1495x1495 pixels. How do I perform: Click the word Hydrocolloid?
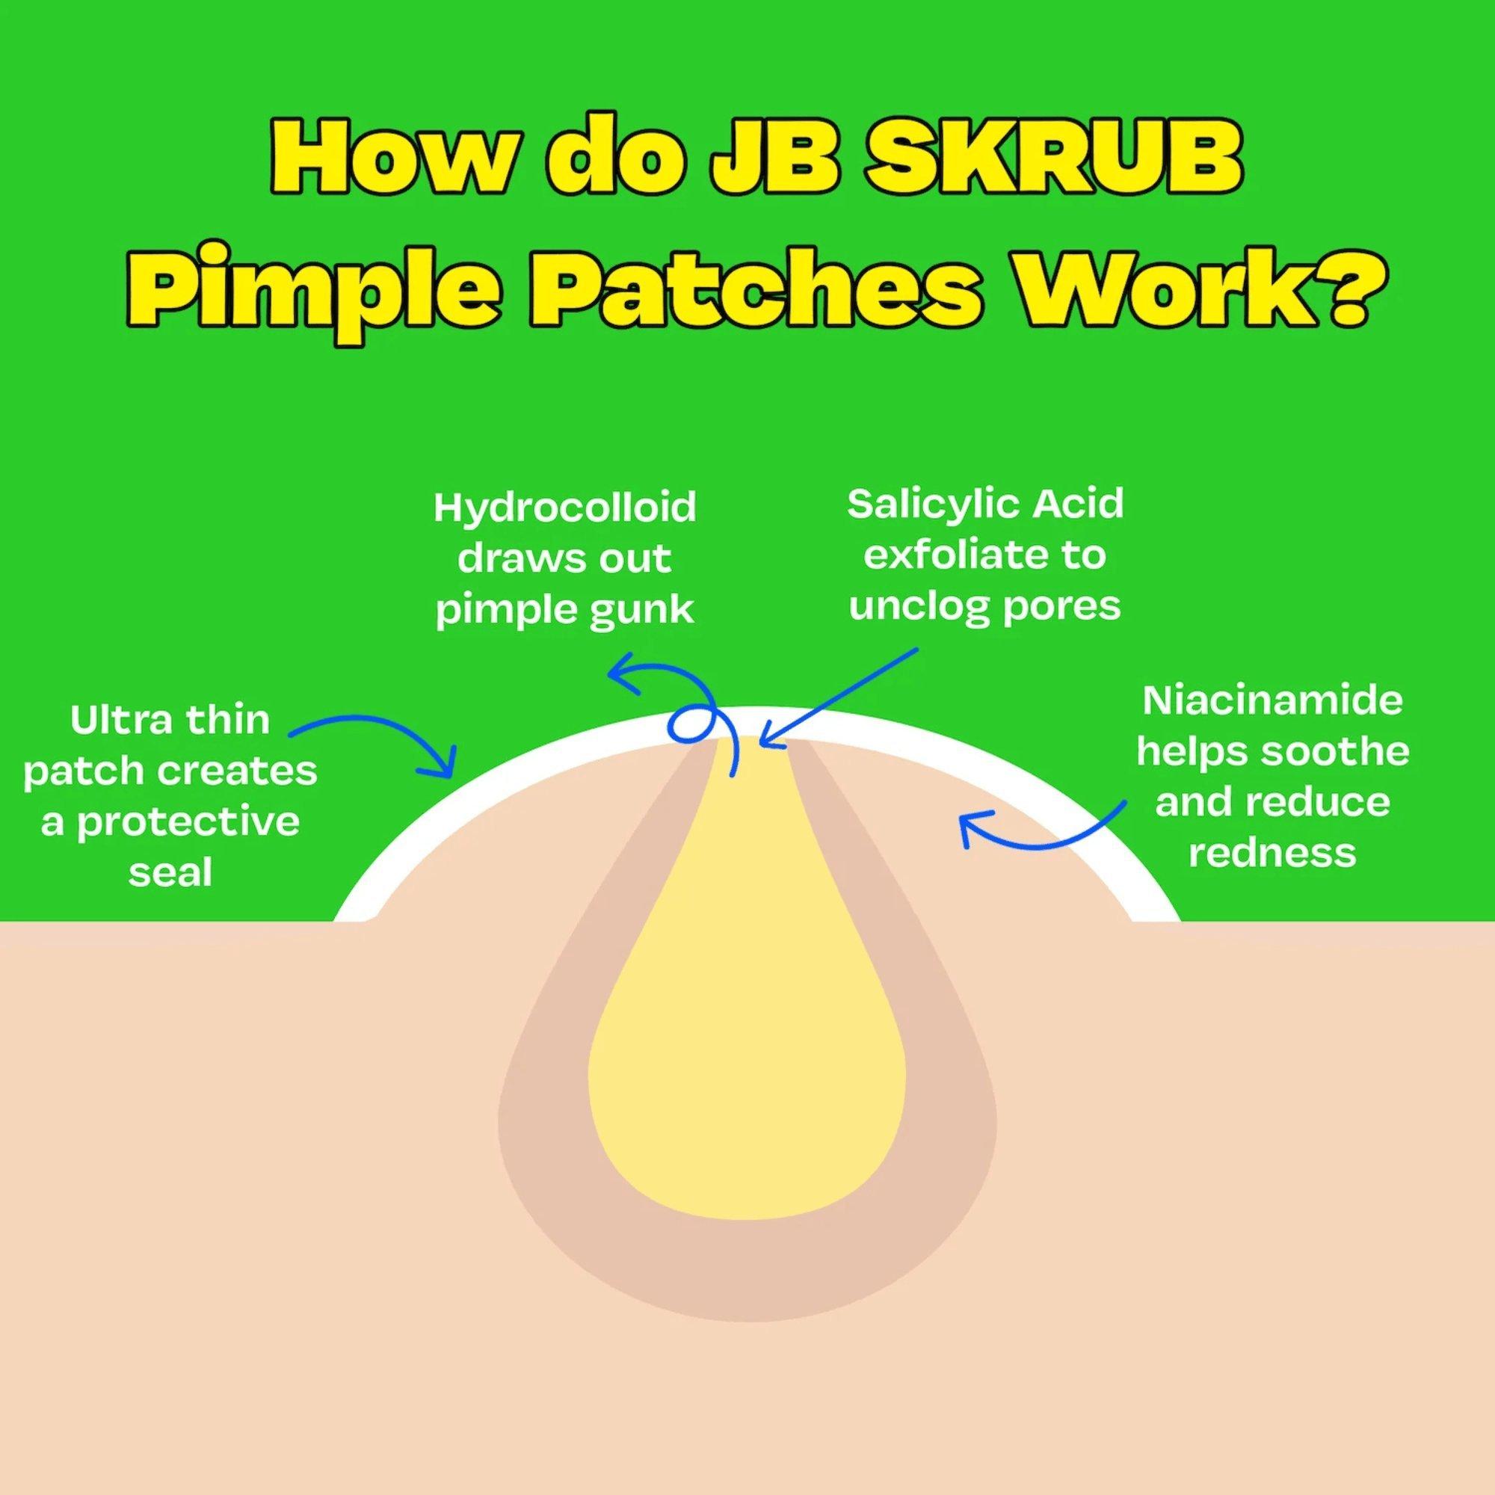(x=565, y=508)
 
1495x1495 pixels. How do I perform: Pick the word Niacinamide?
(x=1272, y=701)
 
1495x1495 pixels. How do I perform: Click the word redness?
(x=1272, y=853)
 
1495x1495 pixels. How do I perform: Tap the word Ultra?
(x=115, y=721)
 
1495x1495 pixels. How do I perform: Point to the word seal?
(x=170, y=872)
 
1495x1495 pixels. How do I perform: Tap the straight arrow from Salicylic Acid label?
(x=839, y=697)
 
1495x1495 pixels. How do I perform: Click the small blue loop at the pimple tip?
(x=688, y=724)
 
